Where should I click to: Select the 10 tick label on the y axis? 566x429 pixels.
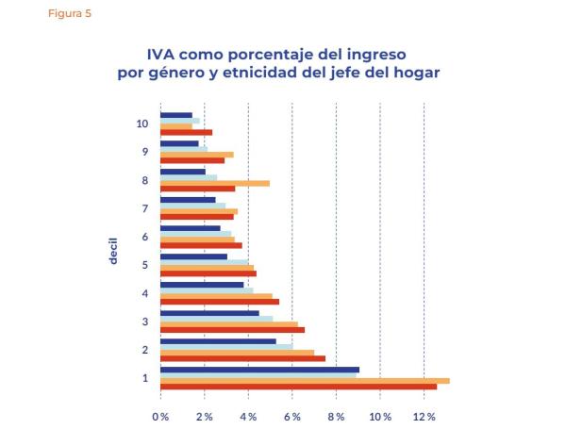point(141,124)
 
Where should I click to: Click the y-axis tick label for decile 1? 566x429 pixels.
point(145,378)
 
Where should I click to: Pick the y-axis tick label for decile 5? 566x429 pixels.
point(145,265)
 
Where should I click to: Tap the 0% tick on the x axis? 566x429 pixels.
point(160,416)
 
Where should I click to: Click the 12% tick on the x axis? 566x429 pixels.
point(424,416)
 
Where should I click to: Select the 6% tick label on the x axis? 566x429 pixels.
point(292,416)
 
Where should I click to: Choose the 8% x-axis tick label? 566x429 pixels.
point(337,416)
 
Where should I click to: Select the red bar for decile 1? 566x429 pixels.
point(298,387)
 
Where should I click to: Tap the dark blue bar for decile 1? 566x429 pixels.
point(259,370)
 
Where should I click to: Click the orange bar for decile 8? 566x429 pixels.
point(215,183)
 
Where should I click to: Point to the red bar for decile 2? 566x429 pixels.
point(242,358)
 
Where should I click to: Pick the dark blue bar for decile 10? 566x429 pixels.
point(176,115)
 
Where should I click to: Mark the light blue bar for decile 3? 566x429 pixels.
point(216,319)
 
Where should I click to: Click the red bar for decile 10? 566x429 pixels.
point(186,132)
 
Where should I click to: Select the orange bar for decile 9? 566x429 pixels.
point(196,155)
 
